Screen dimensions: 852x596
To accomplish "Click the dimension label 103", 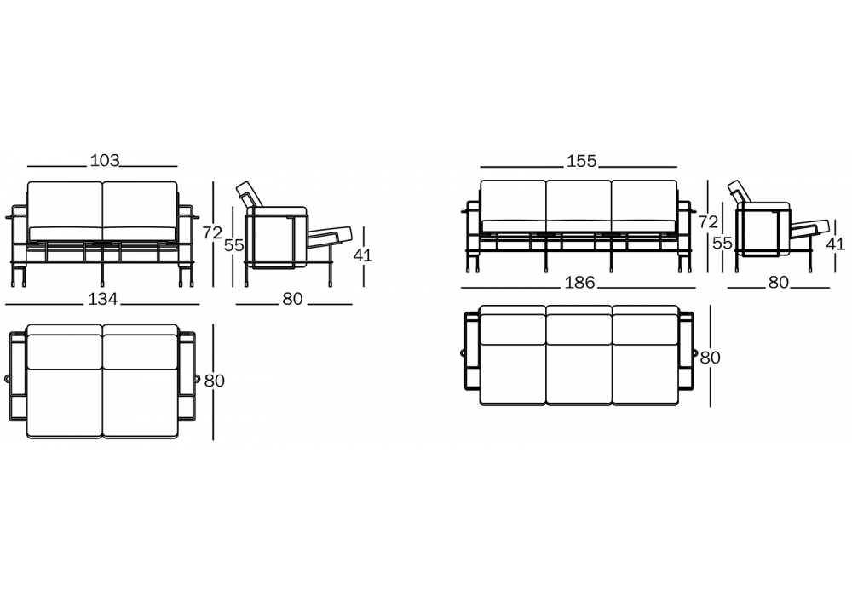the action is [104, 161].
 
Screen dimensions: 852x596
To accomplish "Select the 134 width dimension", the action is [103, 299].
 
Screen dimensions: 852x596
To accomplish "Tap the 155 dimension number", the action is [581, 161].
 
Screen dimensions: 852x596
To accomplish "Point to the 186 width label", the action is [579, 283].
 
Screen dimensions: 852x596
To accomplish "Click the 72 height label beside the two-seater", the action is [212, 232].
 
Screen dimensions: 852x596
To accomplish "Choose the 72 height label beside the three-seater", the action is [708, 221].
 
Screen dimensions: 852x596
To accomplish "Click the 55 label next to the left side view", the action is [234, 245].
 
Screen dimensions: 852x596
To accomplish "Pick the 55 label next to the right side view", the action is [722, 243].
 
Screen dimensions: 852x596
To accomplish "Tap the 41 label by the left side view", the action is [362, 255].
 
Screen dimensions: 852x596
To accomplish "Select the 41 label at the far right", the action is [836, 244].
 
